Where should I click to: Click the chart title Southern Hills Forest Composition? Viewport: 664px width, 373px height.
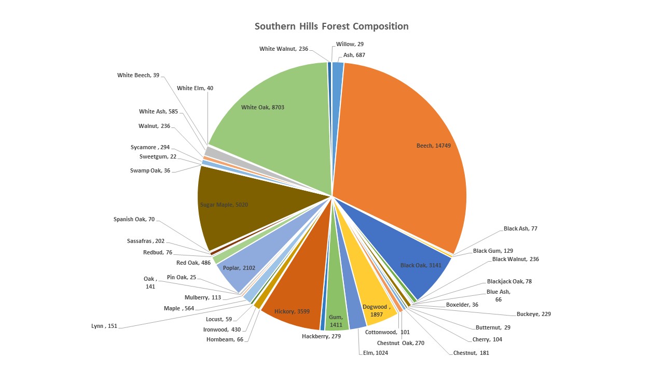(331, 26)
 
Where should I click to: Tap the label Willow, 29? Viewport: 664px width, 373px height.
(350, 45)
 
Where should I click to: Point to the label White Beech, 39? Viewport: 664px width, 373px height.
(138, 76)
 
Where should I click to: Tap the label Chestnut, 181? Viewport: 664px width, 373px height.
(471, 353)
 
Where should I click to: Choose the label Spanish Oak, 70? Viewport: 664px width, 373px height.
(134, 220)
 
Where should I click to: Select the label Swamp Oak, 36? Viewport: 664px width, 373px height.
(150, 170)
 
